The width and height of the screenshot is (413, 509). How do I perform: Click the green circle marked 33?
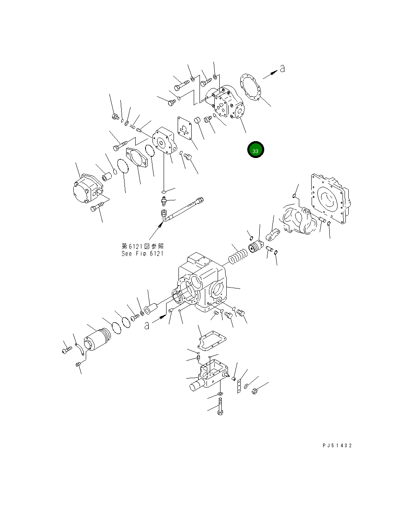coord(255,151)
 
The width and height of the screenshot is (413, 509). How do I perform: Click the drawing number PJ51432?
coord(337,446)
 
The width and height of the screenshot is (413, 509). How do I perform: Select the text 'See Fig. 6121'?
coord(142,253)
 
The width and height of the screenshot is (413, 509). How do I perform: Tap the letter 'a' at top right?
coord(282,69)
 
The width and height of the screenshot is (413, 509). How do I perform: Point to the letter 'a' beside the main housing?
coord(147,325)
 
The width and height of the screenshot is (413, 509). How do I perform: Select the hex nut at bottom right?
coord(254,390)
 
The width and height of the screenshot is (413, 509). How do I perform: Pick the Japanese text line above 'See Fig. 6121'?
coord(142,246)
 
